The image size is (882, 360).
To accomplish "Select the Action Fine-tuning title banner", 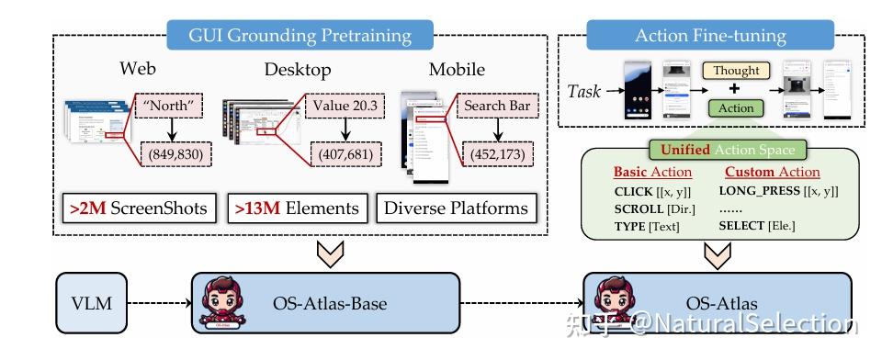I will pos(710,36).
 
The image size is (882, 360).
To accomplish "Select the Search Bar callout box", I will pos(496,106).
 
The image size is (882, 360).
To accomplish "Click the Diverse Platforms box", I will pos(456,208).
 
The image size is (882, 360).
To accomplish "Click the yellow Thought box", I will pos(737,71).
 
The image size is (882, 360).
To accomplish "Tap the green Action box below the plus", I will pos(737,107).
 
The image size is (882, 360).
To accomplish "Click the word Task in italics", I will pos(585,91).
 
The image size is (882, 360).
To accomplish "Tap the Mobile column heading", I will pos(457,70).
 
